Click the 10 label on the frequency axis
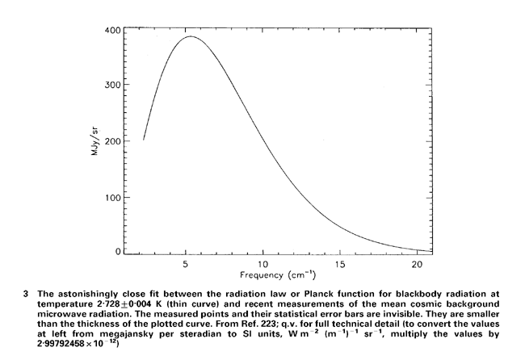pyautogui.click(x=262, y=264)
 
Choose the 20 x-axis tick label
pyautogui.click(x=416, y=264)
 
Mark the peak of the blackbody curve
pyautogui.click(x=191, y=36)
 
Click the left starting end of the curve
pyautogui.click(x=144, y=140)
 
